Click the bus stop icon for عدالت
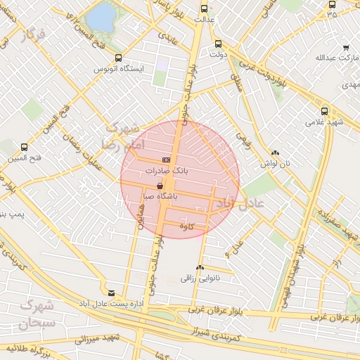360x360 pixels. coord(204,9)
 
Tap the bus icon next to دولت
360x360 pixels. coord(217,44)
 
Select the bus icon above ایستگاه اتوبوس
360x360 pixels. coord(117,58)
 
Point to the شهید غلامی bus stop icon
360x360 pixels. coord(324,110)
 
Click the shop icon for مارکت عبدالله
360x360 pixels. coord(345,47)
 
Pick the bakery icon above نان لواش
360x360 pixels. coord(274,153)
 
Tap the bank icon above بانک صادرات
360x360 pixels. coord(165,160)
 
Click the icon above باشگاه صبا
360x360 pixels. coord(160,186)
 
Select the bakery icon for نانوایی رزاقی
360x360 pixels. coord(200,267)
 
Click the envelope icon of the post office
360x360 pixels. coord(111,292)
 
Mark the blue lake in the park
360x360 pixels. coord(104,16)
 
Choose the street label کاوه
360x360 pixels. coord(186,226)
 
